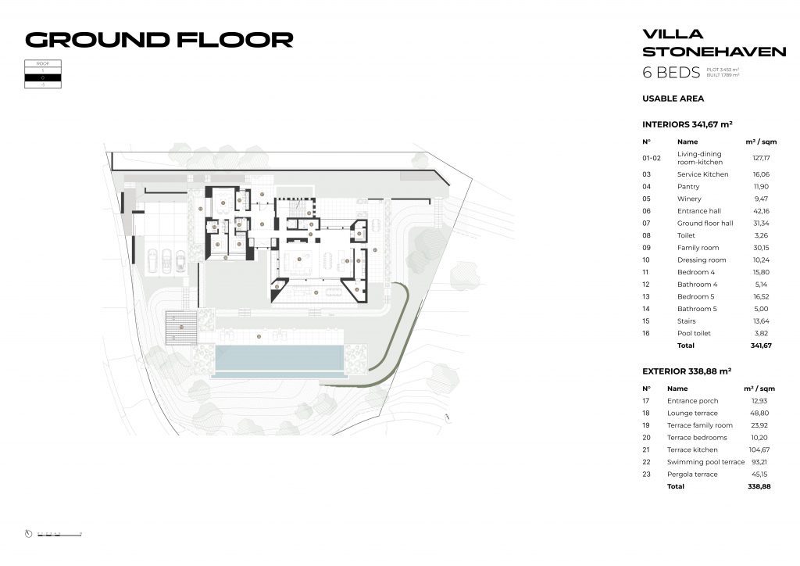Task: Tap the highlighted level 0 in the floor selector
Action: point(43,77)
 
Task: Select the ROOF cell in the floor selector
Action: point(43,63)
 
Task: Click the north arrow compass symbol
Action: point(29,534)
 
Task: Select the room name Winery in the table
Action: point(689,199)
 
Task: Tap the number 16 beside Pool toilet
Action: point(646,333)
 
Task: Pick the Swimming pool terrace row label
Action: point(705,462)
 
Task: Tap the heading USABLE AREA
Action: point(673,99)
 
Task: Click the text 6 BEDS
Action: point(670,73)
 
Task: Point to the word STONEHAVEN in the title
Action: point(713,52)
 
